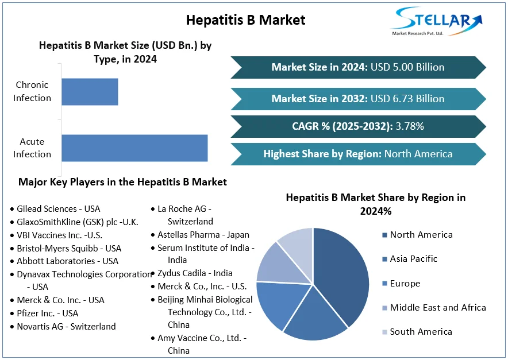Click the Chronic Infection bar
click(x=90, y=92)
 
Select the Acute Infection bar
click(x=134, y=148)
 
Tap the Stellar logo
click(x=437, y=21)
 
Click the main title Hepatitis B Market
click(x=245, y=20)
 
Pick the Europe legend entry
click(x=405, y=284)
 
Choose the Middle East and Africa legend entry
click(x=437, y=308)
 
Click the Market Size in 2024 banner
click(x=358, y=67)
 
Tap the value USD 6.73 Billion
click(x=407, y=99)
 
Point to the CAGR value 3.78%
click(x=410, y=126)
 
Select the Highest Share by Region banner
click(x=358, y=154)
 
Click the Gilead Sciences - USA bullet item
click(x=58, y=209)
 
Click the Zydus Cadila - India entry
click(x=195, y=273)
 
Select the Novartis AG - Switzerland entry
click(x=66, y=327)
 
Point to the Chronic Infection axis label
click(x=32, y=91)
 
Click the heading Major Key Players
click(x=122, y=182)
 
